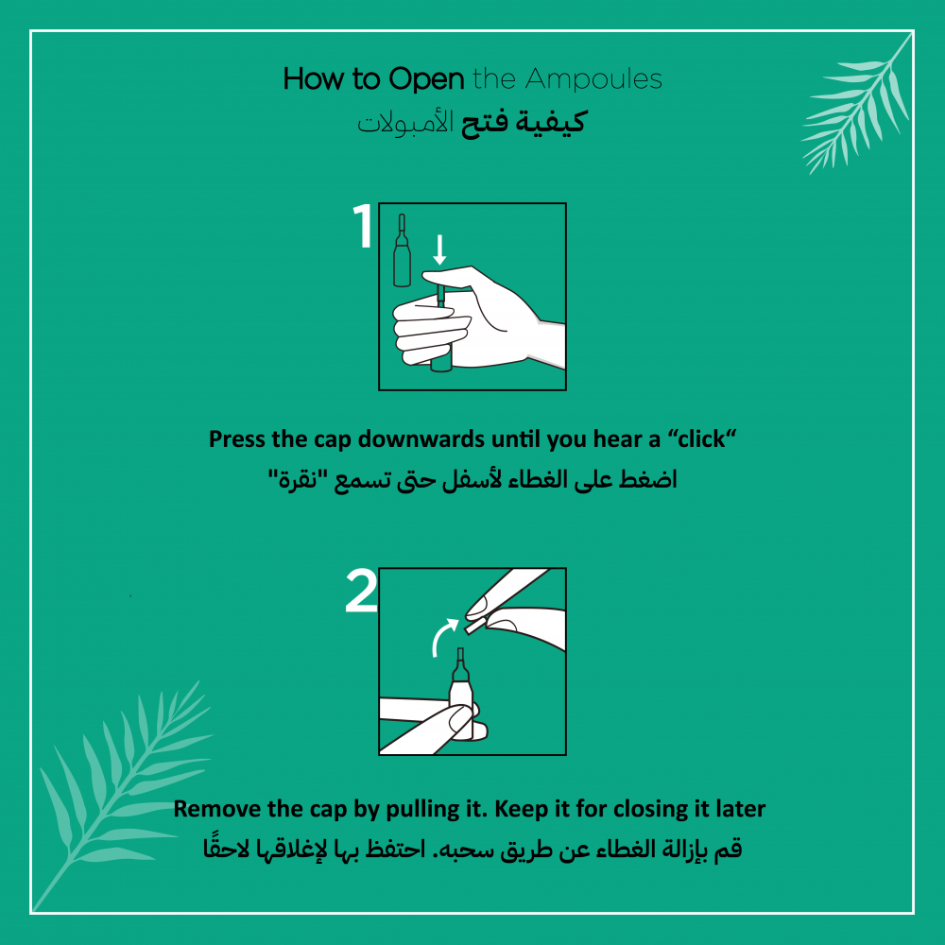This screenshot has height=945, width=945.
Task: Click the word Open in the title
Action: (x=426, y=80)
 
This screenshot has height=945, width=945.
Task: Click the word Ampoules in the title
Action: (x=593, y=79)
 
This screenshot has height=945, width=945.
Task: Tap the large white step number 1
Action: (x=363, y=226)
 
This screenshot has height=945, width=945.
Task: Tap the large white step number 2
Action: (x=361, y=592)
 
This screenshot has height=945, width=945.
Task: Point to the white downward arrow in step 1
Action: (x=440, y=249)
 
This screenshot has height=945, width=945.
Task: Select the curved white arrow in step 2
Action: (x=444, y=636)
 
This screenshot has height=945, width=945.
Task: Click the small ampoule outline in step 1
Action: (x=402, y=250)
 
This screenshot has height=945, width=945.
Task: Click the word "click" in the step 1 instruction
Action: (x=701, y=439)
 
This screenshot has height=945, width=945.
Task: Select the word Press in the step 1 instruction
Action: (x=237, y=439)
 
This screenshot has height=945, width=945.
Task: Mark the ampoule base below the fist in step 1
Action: (x=441, y=365)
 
